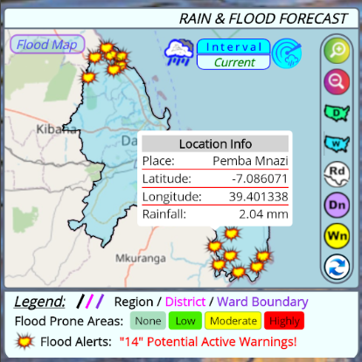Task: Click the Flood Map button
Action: coord(46,45)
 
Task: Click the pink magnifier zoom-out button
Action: coord(336,82)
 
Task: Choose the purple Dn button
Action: coord(336,205)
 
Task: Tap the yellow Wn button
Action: coord(336,236)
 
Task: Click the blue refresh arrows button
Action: coord(336,267)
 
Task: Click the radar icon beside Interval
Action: coord(286,54)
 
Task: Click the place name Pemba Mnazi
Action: coord(250,161)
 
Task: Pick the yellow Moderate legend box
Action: coord(233,320)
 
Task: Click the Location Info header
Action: coord(215,143)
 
